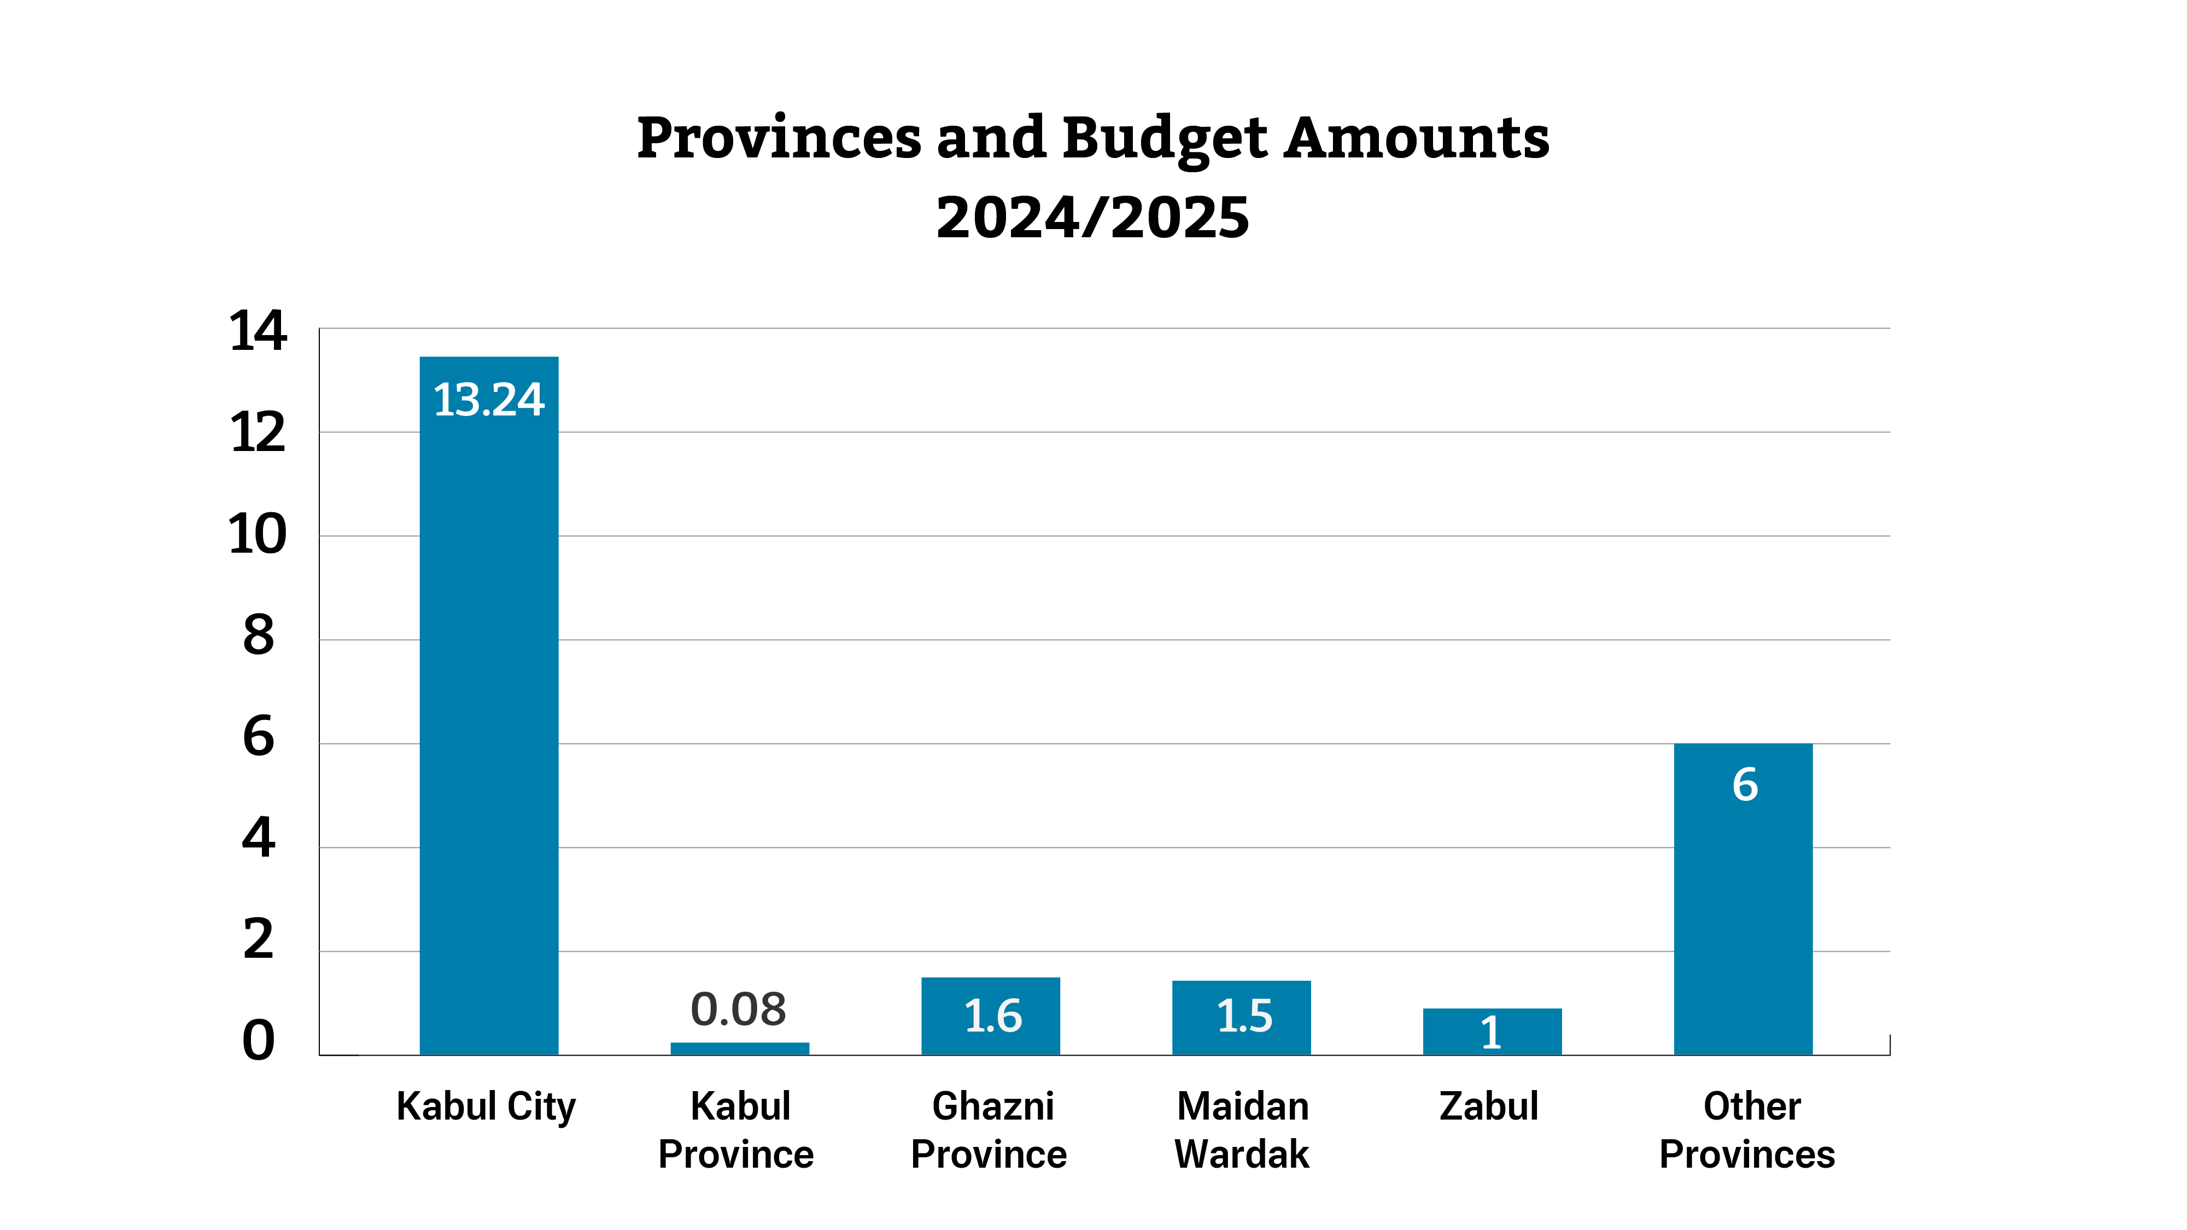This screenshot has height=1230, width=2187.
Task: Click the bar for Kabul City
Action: click(x=488, y=705)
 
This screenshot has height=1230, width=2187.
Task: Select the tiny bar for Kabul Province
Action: click(x=739, y=1049)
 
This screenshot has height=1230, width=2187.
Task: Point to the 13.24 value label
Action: click(x=488, y=399)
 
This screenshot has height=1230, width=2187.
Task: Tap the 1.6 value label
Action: click(x=992, y=1016)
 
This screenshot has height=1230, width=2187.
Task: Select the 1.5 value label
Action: click(x=1244, y=1016)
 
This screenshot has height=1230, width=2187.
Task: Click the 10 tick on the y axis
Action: click(x=258, y=535)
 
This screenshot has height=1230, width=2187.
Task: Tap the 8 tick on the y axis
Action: click(x=258, y=635)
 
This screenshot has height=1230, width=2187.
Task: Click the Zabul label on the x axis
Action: click(x=1488, y=1106)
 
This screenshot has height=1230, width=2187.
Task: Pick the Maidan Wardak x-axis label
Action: click(x=1242, y=1130)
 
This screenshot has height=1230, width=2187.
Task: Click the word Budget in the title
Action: click(x=1164, y=138)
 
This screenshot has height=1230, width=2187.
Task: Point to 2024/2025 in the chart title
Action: click(x=1092, y=218)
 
